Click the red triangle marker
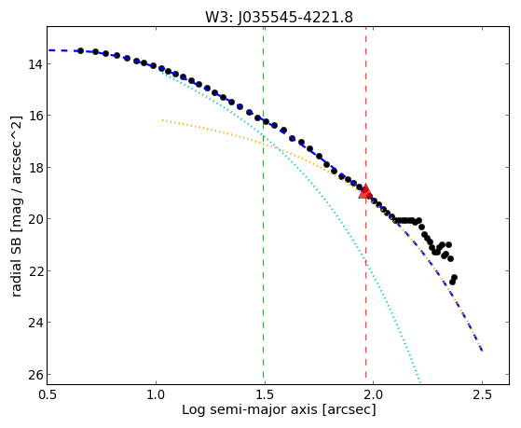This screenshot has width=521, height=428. click(365, 191)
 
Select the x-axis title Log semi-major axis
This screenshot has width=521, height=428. click(279, 409)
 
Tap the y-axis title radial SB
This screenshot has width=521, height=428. click(16, 206)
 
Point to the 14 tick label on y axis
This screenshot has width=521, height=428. click(34, 63)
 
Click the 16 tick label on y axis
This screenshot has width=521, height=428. click(34, 116)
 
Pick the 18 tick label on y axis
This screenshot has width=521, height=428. click(34, 167)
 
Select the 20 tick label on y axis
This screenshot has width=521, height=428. click(34, 219)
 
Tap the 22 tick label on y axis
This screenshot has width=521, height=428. click(34, 270)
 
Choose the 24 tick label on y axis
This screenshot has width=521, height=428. click(34, 323)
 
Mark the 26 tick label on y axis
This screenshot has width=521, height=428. click(34, 374)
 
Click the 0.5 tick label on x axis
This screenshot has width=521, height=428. click(48, 394)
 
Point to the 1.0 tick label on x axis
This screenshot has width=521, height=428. click(156, 394)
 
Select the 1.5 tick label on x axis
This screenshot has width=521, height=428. click(265, 394)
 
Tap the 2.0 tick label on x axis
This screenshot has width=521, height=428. click(374, 394)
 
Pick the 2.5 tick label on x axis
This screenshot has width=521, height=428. click(482, 394)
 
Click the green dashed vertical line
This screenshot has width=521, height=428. click(264, 205)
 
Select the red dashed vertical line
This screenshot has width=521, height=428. click(366, 205)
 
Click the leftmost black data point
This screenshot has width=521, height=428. click(80, 50)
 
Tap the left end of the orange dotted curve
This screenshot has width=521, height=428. click(162, 120)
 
